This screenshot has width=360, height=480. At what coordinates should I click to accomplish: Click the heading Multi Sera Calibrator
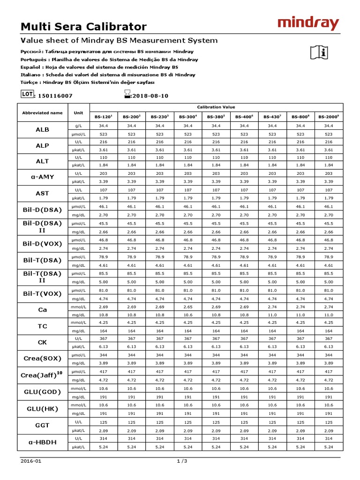(x=84, y=27)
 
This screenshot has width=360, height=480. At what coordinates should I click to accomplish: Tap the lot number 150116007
(x=55, y=96)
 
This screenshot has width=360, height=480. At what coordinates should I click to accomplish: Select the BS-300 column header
(x=187, y=117)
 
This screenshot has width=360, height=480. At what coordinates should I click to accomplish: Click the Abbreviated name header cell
(x=42, y=112)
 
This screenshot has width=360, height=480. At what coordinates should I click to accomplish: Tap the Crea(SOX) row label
(x=42, y=358)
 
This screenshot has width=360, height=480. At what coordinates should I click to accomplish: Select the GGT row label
(x=42, y=426)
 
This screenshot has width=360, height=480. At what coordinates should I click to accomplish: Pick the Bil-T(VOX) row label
(x=42, y=293)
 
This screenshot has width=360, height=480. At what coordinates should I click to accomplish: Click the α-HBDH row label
(x=42, y=442)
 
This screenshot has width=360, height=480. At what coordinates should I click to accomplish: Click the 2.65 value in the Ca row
(x=187, y=307)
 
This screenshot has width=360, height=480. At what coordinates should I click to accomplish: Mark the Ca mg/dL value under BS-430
(x=272, y=315)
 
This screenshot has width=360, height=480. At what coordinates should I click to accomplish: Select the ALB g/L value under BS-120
(x=103, y=126)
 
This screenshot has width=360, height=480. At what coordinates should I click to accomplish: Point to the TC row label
(x=42, y=326)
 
